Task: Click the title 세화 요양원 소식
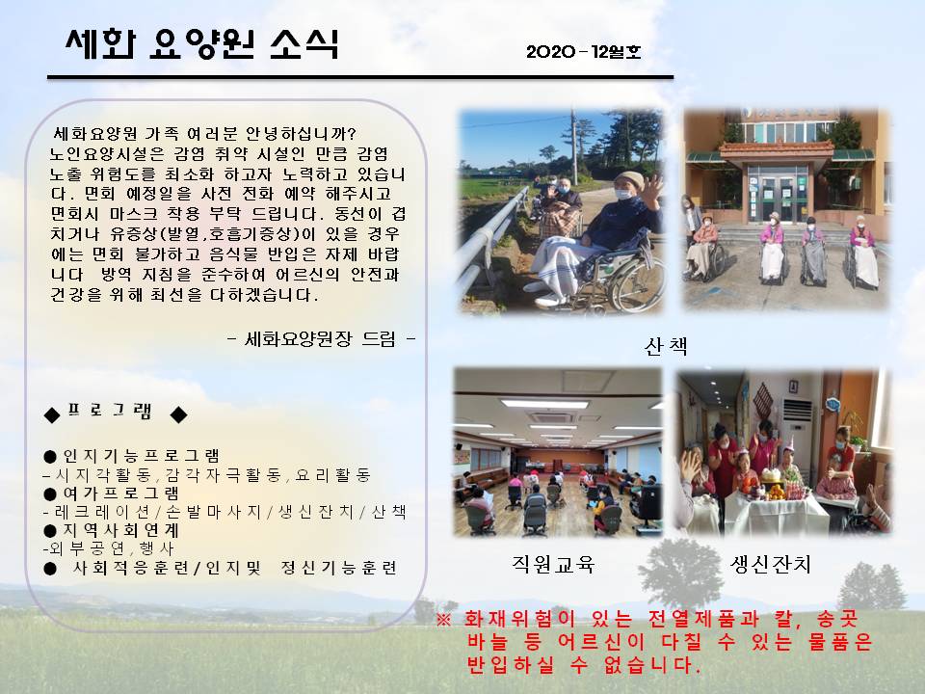[201, 43]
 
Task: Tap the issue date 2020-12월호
[584, 52]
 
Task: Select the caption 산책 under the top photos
[666, 346]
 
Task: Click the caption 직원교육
[553, 565]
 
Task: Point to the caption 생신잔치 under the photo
[771, 565]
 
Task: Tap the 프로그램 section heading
[110, 411]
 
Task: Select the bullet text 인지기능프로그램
[141, 456]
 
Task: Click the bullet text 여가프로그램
[121, 494]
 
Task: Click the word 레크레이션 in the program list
[97, 512]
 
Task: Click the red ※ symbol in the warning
[444, 620]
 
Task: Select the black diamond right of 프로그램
[179, 414]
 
